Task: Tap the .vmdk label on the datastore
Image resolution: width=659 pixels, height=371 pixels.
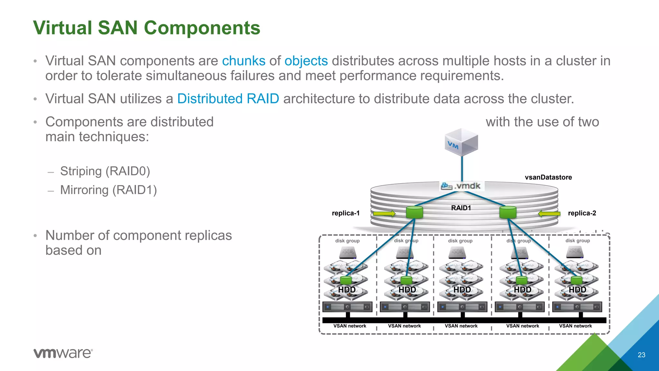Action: pyautogui.click(x=462, y=186)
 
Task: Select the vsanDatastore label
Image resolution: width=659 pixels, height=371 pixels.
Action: pyautogui.click(x=548, y=177)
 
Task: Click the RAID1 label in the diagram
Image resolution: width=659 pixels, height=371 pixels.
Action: pyautogui.click(x=461, y=208)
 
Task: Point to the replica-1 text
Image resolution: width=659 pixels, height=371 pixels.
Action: pyautogui.click(x=346, y=213)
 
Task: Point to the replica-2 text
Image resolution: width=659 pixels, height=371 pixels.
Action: pyautogui.click(x=582, y=213)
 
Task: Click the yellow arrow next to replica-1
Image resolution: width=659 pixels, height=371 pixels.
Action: pyautogui.click(x=384, y=213)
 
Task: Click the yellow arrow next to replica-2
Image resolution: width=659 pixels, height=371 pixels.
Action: pyautogui.click(x=549, y=213)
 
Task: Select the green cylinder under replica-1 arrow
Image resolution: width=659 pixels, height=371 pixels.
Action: pyautogui.click(x=414, y=213)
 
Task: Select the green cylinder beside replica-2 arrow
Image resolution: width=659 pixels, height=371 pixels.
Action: pyautogui.click(x=508, y=213)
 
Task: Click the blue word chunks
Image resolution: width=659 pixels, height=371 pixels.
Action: pyautogui.click(x=244, y=61)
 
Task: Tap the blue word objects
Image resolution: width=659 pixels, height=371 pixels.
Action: pyautogui.click(x=306, y=61)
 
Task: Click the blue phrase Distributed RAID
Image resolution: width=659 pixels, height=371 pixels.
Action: pyautogui.click(x=228, y=99)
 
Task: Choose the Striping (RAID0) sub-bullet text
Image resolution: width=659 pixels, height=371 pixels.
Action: pyautogui.click(x=105, y=171)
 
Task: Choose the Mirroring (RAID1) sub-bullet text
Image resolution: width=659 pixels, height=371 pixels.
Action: pyautogui.click(x=108, y=190)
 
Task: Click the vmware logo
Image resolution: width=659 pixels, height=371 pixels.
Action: pyautogui.click(x=63, y=353)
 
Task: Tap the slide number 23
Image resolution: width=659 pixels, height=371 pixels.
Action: pyautogui.click(x=641, y=355)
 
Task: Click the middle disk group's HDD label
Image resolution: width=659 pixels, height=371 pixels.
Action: pyautogui.click(x=462, y=290)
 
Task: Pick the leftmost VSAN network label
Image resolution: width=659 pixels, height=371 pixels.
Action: pyautogui.click(x=349, y=326)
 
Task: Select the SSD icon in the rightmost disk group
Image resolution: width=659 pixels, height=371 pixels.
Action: pyautogui.click(x=575, y=252)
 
